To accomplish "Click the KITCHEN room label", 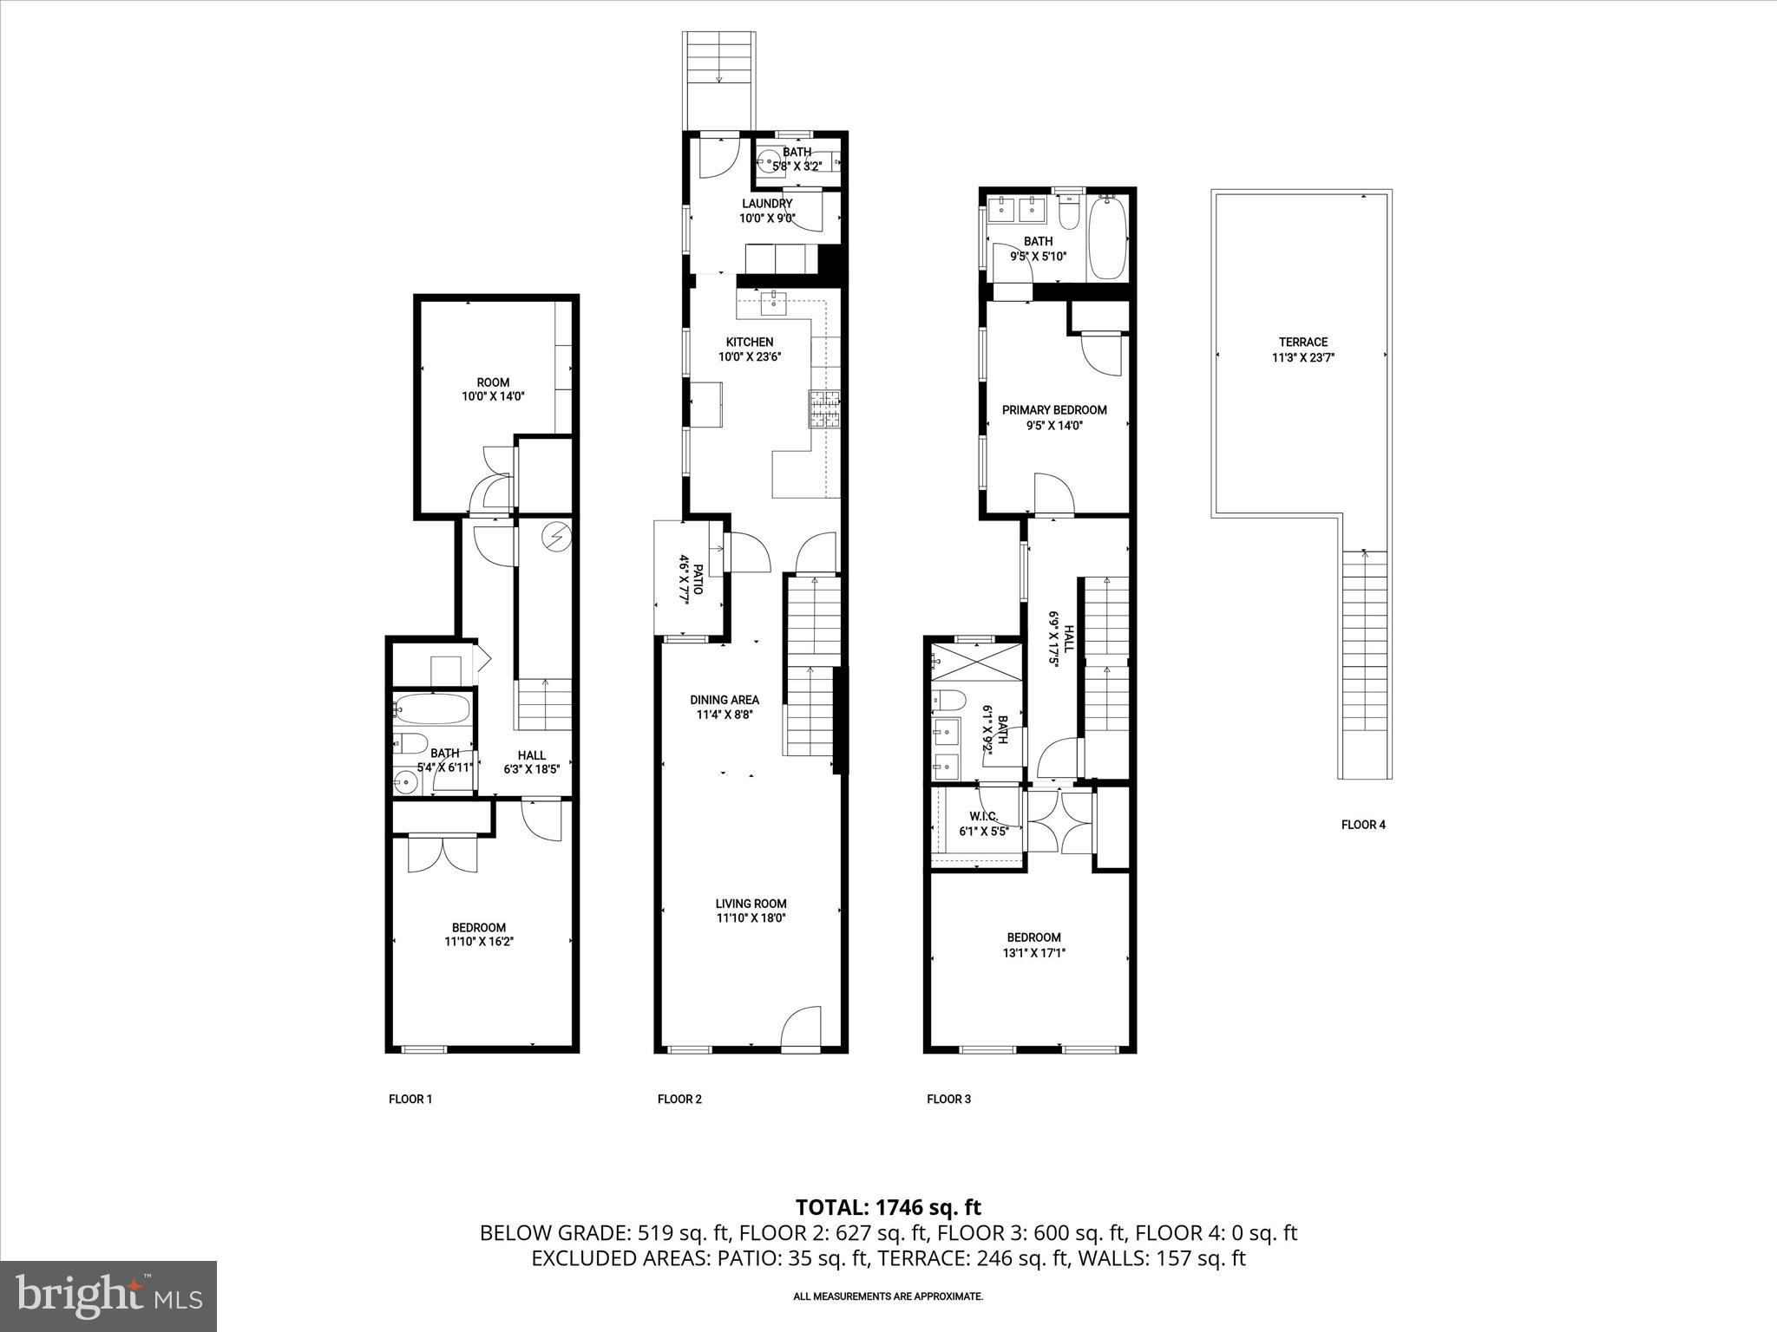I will [x=750, y=342].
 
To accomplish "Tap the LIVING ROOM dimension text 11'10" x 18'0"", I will [x=751, y=918].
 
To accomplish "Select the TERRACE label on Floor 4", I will [x=1302, y=342].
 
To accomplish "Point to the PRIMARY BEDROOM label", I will [x=1054, y=409].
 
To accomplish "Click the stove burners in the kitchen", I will [x=825, y=409].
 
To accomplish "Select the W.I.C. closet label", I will [x=983, y=816].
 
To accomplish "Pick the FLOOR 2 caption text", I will [x=679, y=1099].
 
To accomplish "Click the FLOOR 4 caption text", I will [x=1363, y=825].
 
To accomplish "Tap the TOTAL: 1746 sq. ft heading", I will [x=888, y=1207].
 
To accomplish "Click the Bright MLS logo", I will [x=108, y=1296].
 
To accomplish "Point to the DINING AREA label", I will [x=725, y=700].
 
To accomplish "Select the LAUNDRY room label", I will [x=766, y=204].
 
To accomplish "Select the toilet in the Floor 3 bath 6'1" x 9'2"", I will [x=949, y=699].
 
